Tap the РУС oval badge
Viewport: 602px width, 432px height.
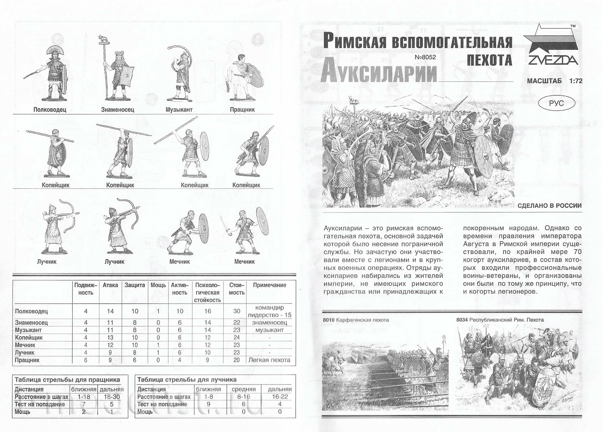point(556,103)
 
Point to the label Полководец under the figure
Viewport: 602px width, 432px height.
point(50,109)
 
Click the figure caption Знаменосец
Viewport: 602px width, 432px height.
point(118,109)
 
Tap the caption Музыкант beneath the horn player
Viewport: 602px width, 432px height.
point(179,109)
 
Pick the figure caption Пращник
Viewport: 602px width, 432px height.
point(242,109)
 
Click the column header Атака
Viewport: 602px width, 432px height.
point(110,285)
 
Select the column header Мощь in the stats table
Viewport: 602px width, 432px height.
point(158,285)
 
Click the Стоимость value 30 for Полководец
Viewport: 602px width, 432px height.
point(236,311)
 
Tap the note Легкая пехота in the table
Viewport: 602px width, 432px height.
point(269,360)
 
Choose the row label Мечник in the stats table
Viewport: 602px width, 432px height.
point(25,345)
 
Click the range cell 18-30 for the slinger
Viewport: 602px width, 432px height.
point(111,397)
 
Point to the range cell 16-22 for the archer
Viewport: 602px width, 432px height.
point(279,397)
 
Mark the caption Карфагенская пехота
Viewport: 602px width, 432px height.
point(362,320)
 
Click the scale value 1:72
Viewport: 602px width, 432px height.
point(576,81)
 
